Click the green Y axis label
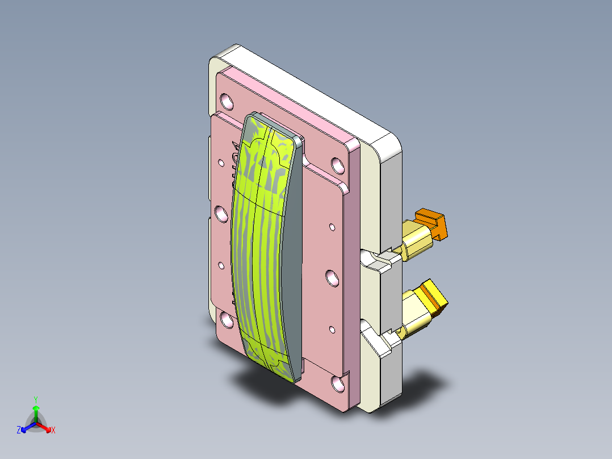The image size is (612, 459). point(35,399)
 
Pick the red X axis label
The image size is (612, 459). point(53,431)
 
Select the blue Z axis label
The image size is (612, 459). point(19,431)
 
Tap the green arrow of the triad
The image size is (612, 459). point(35,411)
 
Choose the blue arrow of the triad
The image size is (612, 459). point(26,428)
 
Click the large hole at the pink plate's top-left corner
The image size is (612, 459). point(227,102)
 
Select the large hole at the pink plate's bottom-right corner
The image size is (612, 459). point(338,384)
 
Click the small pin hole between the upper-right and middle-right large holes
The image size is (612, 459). point(332,227)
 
